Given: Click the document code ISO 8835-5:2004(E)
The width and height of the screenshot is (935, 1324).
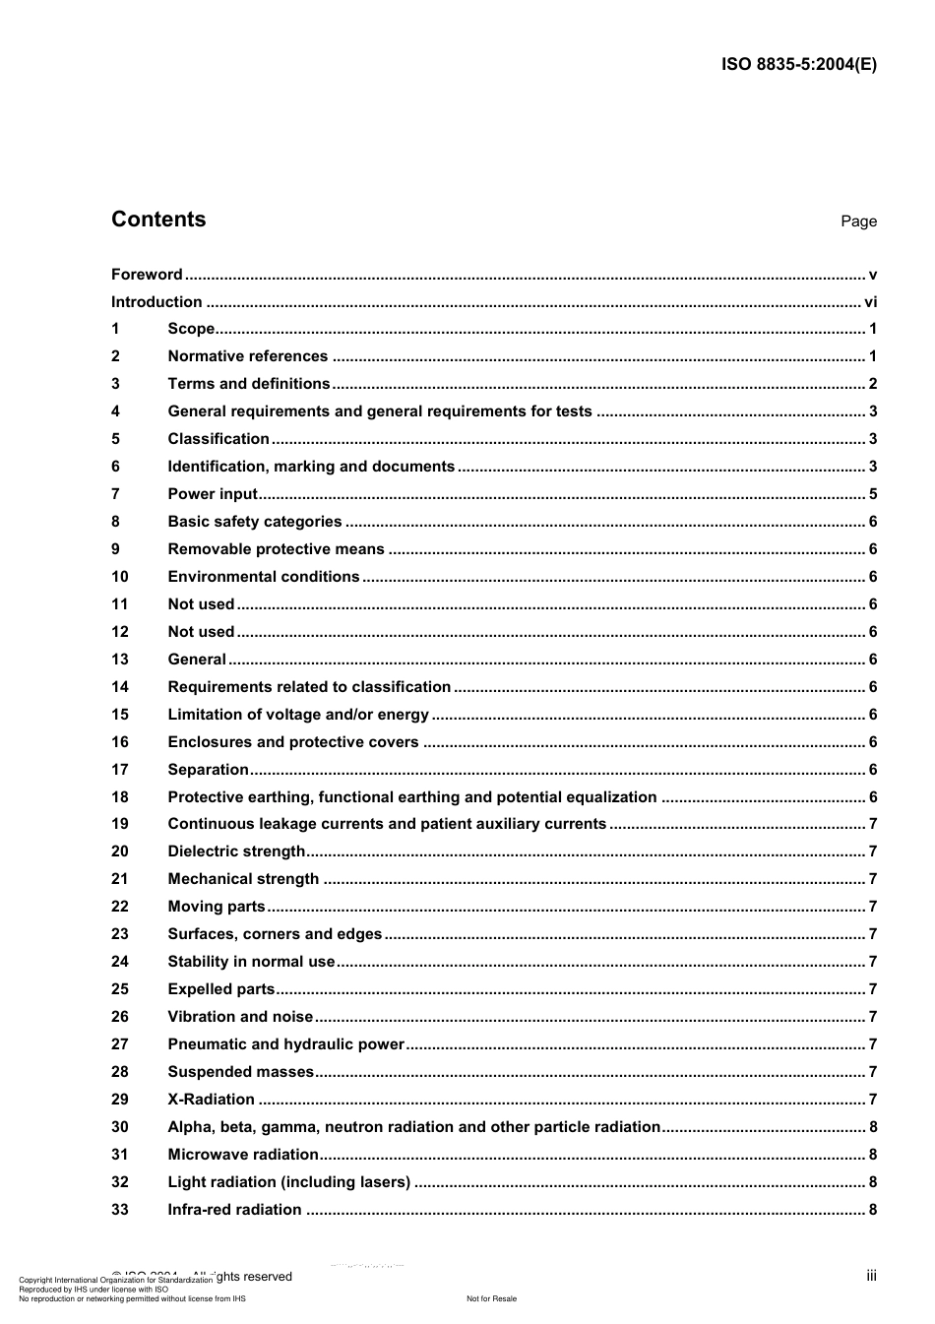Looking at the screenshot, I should click(x=798, y=65).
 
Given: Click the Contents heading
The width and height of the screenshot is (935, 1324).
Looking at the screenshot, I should click(x=158, y=220).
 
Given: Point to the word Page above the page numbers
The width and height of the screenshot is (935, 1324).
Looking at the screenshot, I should click(x=858, y=221).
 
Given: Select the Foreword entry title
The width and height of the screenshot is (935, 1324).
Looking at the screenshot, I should click(x=147, y=275).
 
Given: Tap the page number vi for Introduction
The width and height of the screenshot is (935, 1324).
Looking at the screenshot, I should click(x=870, y=302).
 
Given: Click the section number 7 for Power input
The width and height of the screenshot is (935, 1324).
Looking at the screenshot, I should click(x=115, y=494).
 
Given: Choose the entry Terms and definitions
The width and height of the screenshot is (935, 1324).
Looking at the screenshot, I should click(x=248, y=384).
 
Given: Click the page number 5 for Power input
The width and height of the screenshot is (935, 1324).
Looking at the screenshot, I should click(x=873, y=494).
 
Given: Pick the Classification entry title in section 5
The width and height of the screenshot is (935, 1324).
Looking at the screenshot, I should click(x=218, y=439).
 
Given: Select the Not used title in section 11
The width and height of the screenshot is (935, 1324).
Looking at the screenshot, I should click(x=201, y=604).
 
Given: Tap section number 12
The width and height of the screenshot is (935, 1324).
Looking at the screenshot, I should click(x=119, y=632).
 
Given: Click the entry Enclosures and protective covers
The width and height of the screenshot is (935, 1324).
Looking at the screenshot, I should click(x=292, y=742).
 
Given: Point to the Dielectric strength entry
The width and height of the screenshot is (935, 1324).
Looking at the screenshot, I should click(x=236, y=851).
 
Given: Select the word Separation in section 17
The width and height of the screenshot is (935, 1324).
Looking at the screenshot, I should click(x=208, y=770).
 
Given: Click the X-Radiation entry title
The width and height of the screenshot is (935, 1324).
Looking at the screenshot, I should click(x=211, y=1100).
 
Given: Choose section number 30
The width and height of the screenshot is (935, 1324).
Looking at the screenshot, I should click(x=119, y=1127).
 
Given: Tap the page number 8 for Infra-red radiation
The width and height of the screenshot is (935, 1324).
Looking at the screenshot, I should click(x=873, y=1210).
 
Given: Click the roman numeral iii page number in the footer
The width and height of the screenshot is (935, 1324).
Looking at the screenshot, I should click(x=871, y=1276).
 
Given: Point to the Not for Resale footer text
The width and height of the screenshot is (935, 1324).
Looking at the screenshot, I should click(x=491, y=1298).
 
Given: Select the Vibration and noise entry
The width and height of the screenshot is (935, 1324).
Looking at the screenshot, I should click(x=240, y=1017).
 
